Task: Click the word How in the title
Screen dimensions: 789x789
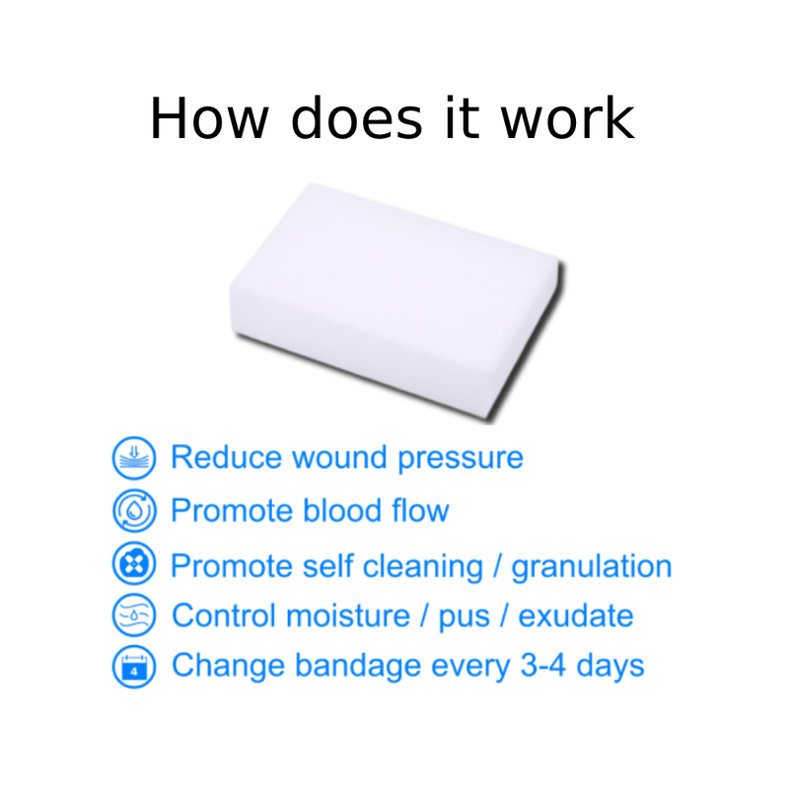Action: point(209,118)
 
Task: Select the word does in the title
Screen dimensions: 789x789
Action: point(357,117)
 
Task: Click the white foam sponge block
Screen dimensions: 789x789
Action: point(396,302)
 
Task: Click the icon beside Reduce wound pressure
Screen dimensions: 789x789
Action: point(134,458)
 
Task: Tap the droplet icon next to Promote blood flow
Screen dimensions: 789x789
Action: point(134,511)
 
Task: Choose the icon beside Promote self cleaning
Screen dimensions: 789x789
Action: point(134,563)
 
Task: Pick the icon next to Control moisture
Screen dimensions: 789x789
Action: point(134,615)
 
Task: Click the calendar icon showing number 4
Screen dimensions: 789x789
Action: point(134,667)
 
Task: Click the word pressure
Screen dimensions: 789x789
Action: point(461,459)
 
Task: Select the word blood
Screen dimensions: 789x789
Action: point(341,511)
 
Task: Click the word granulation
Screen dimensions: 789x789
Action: point(592,567)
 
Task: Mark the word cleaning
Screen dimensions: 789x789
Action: point(423,567)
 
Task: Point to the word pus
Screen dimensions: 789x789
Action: point(464,617)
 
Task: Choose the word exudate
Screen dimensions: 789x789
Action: point(576,615)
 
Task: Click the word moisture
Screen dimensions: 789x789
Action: point(349,615)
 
